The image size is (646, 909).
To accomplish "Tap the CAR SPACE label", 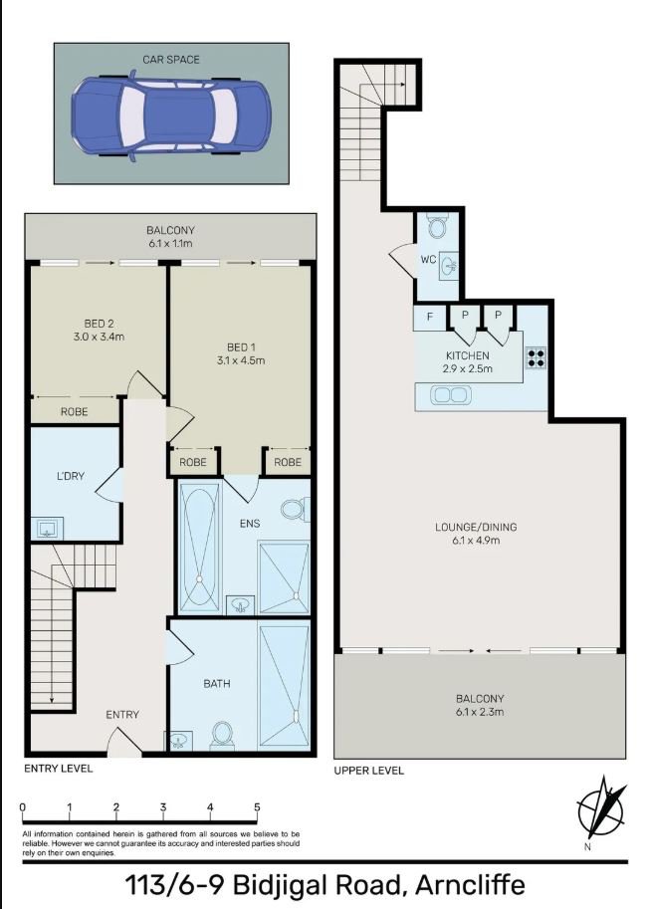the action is (171, 60).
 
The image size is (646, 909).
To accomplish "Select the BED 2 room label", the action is (99, 324).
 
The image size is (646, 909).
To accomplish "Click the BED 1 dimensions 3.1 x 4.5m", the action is (241, 360).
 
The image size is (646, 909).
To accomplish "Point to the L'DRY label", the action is (70, 476).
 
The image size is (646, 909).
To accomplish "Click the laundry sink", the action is (47, 528).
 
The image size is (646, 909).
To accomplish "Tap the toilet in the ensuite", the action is (294, 509).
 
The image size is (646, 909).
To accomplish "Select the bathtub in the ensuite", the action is (199, 548).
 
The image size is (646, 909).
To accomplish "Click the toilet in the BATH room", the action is (222, 735).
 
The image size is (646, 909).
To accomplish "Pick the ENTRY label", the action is (122, 715).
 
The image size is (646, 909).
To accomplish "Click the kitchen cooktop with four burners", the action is (536, 357).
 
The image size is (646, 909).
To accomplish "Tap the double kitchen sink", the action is (451, 395).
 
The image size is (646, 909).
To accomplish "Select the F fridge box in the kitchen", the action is (430, 318).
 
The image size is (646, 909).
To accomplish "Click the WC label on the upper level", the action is (428, 259).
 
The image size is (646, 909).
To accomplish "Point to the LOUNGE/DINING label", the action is (476, 527).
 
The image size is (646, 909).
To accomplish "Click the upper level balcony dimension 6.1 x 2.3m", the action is (480, 711).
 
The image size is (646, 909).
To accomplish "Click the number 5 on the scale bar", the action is (257, 807).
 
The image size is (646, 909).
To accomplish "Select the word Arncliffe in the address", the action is (470, 885).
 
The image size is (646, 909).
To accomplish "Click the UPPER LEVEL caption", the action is (368, 771).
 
